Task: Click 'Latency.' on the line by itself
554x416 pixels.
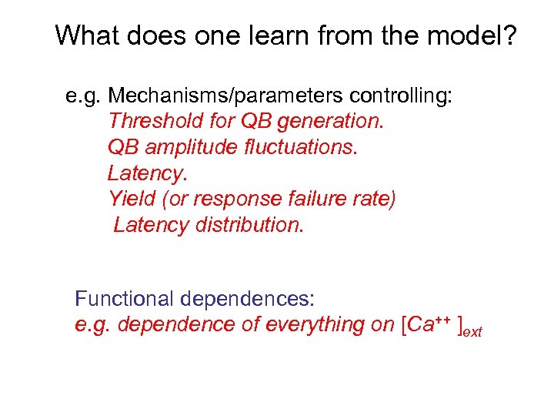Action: (x=147, y=173)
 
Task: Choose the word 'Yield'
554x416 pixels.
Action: (x=132, y=199)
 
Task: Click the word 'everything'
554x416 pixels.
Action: (x=314, y=324)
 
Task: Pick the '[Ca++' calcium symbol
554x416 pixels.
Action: (x=422, y=324)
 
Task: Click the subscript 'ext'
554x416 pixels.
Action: (x=472, y=331)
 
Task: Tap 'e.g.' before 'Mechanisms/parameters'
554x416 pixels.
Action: (x=84, y=96)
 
